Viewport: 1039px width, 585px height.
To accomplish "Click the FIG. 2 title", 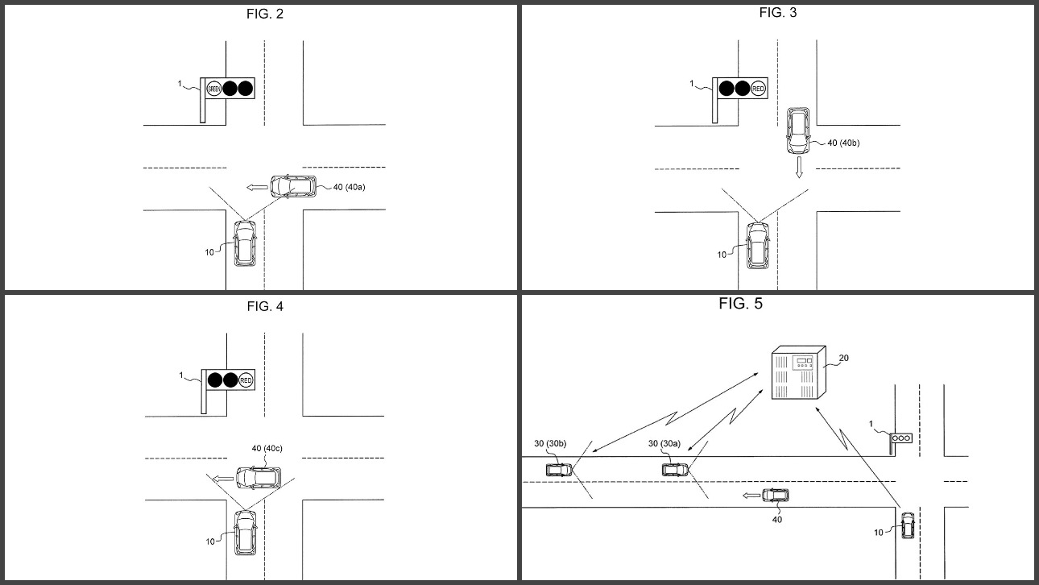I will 264,14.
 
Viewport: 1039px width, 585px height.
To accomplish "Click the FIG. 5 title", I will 740,304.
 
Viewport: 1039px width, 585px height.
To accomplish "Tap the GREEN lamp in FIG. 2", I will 214,88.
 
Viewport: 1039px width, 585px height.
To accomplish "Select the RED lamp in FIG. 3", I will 758,88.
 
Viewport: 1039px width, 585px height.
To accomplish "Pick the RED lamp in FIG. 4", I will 246,380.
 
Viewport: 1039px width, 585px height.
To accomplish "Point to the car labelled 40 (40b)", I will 798,131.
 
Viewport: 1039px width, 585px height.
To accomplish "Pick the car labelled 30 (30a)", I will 674,469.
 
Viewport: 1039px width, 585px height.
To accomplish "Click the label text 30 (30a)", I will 664,442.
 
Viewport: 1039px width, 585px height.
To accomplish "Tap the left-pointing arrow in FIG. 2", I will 257,187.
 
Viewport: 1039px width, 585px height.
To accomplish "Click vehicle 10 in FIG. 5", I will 908,525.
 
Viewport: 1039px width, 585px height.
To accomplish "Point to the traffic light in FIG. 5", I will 901,438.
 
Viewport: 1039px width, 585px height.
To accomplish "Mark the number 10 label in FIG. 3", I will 722,255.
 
